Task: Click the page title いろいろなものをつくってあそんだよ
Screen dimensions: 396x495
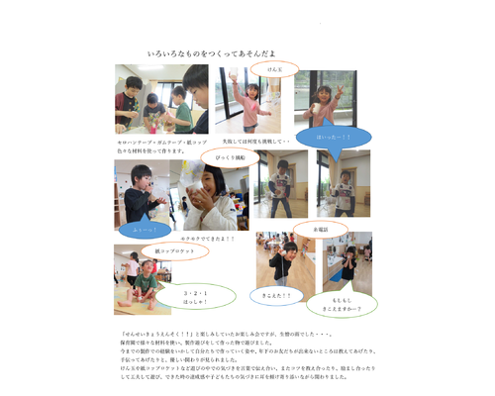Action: pyautogui.click(x=211, y=52)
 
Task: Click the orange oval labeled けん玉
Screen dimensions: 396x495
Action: pyautogui.click(x=267, y=69)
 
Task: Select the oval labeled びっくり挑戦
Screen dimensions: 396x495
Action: pyautogui.click(x=230, y=156)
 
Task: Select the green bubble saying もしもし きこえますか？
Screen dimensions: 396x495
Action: pyautogui.click(x=346, y=302)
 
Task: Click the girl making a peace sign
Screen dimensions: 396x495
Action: pyautogui.click(x=319, y=99)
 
